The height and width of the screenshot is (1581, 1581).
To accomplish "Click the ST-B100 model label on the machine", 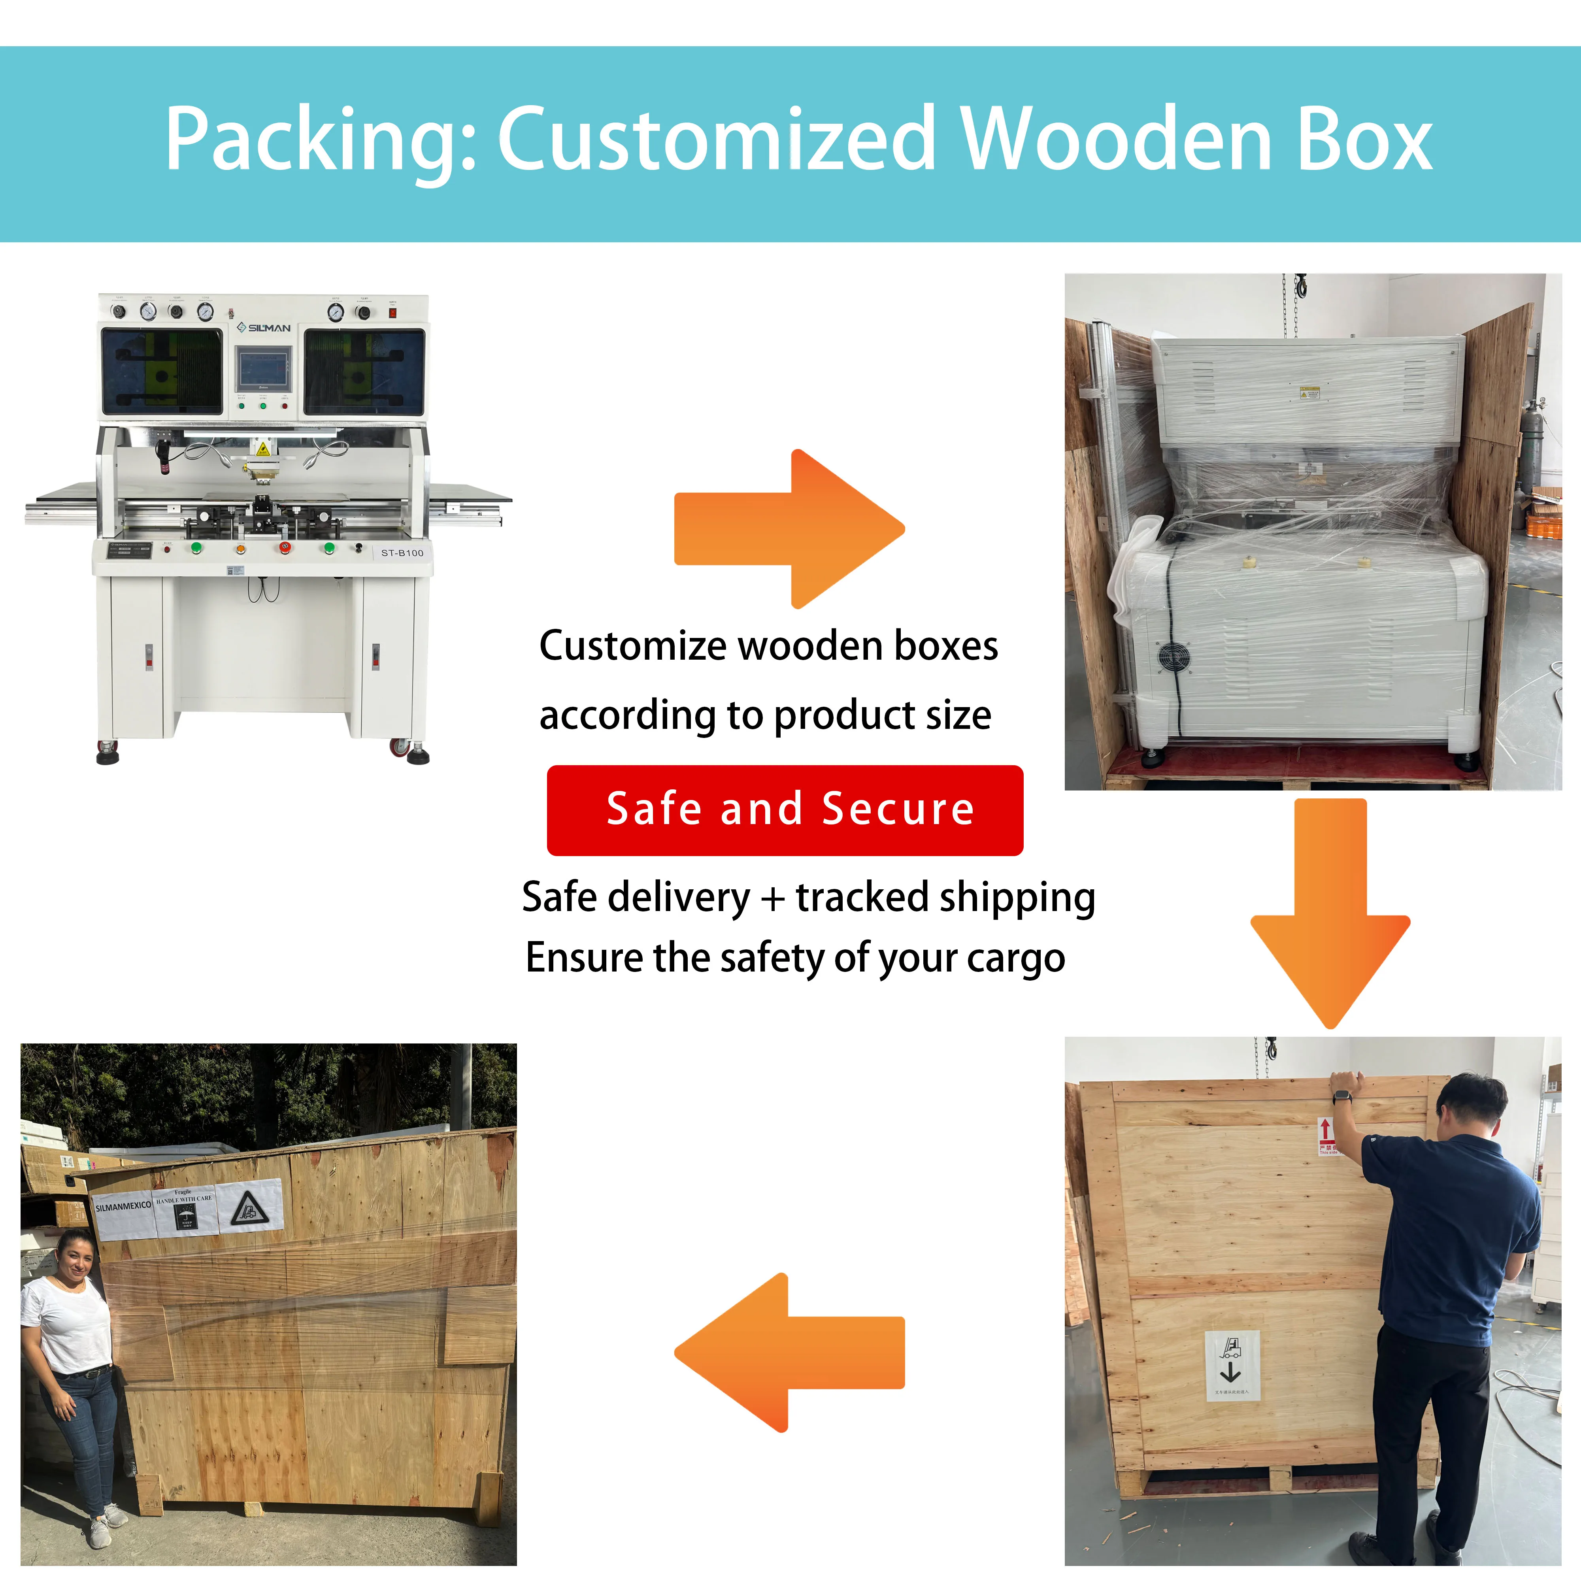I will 402,553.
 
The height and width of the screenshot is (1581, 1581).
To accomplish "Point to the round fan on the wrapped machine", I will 1173,657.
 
